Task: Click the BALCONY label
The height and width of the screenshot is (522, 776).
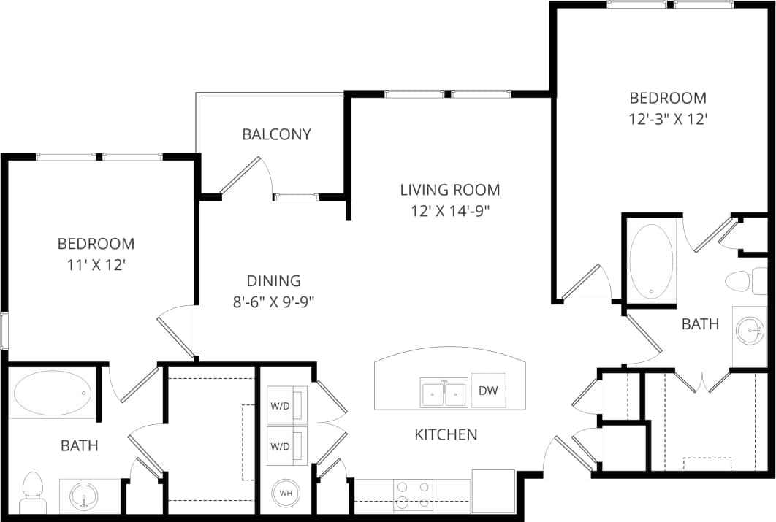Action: click(x=276, y=134)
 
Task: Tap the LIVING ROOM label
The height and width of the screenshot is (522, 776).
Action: click(x=450, y=190)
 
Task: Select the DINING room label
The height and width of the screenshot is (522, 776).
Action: click(x=273, y=280)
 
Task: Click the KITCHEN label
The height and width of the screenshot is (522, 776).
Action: click(x=446, y=434)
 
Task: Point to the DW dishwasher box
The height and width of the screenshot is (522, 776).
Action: click(x=488, y=391)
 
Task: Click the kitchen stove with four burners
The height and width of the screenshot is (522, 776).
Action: click(x=413, y=494)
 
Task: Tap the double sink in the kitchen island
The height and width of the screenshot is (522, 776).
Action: click(x=444, y=393)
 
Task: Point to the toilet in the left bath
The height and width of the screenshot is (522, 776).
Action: click(x=32, y=494)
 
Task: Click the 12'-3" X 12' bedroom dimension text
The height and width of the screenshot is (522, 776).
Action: click(x=668, y=119)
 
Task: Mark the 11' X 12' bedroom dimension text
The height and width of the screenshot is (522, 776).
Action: click(x=96, y=265)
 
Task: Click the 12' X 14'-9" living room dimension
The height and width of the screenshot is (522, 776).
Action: click(x=450, y=212)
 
